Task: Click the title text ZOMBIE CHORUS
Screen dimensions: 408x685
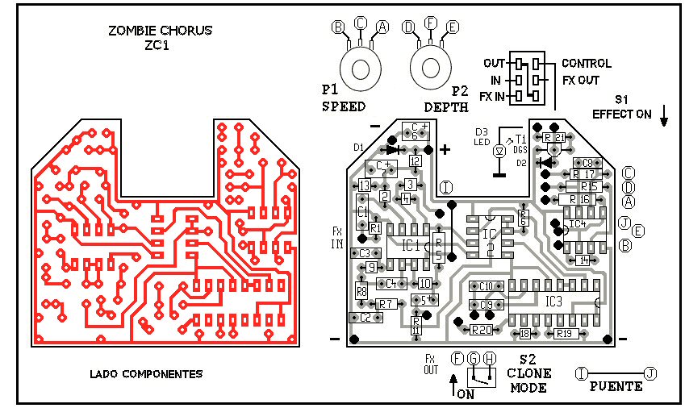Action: point(160,31)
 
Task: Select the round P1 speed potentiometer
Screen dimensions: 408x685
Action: point(359,67)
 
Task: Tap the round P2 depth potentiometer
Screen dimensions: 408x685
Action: point(431,67)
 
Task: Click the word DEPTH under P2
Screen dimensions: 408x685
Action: point(446,106)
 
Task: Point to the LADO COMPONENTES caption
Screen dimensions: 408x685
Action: point(145,374)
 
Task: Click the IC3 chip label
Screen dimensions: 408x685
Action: point(553,301)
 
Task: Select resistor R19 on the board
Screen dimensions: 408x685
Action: point(563,333)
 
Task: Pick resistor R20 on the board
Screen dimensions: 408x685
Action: point(482,330)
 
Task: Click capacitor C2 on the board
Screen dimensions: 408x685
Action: point(365,318)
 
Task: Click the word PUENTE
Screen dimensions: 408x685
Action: point(616,386)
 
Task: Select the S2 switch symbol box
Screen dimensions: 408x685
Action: point(482,376)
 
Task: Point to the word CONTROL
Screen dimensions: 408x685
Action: point(586,63)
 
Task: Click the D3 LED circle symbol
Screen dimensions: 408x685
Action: point(499,151)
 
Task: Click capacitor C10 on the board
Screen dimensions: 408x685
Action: point(486,286)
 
